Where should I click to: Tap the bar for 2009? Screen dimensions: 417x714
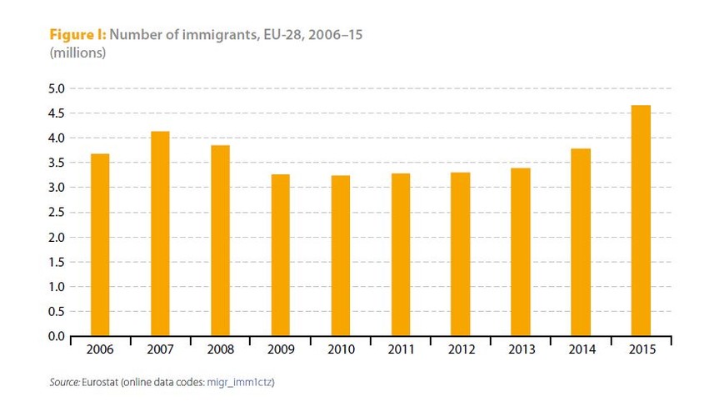tap(280, 255)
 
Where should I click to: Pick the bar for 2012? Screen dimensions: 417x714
tap(460, 254)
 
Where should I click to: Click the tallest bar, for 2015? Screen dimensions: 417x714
tap(641, 220)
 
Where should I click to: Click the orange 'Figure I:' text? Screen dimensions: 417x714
tap(78, 36)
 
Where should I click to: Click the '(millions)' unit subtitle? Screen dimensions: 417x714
tap(77, 53)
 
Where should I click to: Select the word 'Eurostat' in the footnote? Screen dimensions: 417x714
tap(102, 383)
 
